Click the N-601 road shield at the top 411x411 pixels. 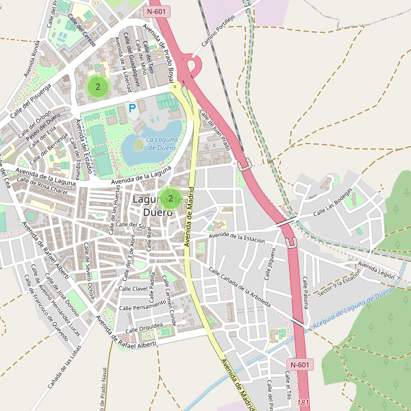(x=158, y=12)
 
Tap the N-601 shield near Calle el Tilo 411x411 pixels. (x=301, y=364)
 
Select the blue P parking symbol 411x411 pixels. (x=132, y=108)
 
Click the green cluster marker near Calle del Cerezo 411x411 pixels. (x=98, y=86)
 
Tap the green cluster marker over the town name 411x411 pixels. (x=170, y=199)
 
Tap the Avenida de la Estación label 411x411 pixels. (x=237, y=237)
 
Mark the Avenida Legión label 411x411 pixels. (x=376, y=269)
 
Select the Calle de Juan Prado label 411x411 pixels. (x=214, y=131)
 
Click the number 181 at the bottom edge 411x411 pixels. (x=304, y=403)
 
